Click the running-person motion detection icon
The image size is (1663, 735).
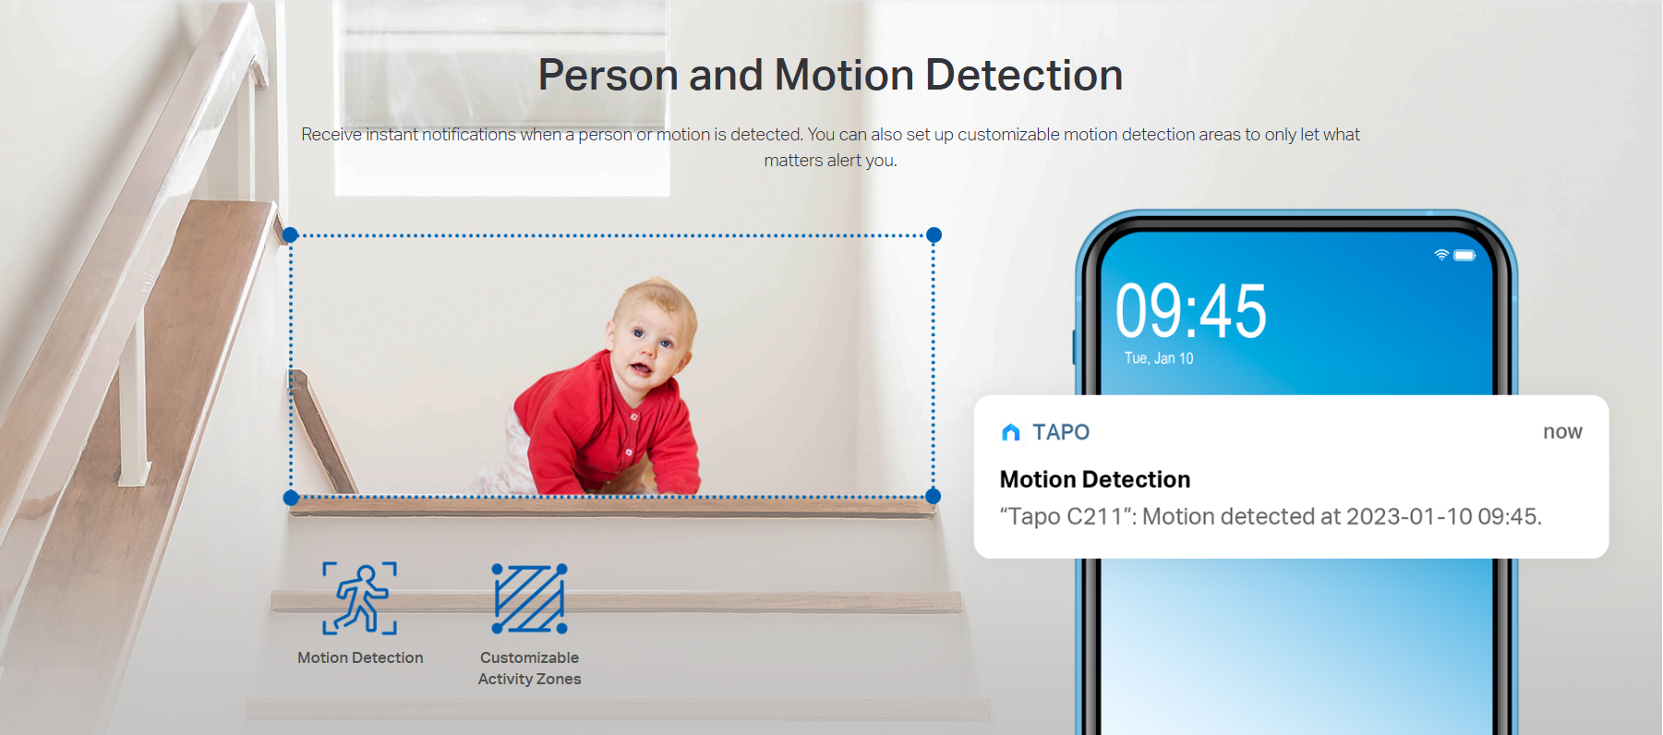click(x=360, y=598)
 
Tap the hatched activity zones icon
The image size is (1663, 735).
click(x=529, y=598)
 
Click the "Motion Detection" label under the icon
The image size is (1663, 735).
click(x=360, y=657)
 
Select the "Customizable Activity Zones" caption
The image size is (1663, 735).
click(x=529, y=669)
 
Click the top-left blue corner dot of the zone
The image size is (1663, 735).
click(x=290, y=235)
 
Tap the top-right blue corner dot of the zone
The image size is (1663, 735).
click(x=934, y=235)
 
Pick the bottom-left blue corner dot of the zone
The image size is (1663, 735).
click(x=290, y=498)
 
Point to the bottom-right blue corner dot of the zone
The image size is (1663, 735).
click(x=933, y=497)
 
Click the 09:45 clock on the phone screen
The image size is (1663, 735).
click(x=1190, y=310)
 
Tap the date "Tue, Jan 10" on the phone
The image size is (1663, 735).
click(x=1159, y=358)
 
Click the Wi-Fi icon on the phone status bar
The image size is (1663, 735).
click(x=1440, y=255)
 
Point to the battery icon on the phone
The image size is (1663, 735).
click(x=1464, y=255)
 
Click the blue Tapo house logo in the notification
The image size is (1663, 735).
click(x=1011, y=432)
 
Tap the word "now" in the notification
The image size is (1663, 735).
click(x=1562, y=432)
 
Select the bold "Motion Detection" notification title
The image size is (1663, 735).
click(x=1095, y=479)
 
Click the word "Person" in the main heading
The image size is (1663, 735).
click(x=609, y=75)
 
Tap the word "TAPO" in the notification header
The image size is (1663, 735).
click(x=1061, y=432)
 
